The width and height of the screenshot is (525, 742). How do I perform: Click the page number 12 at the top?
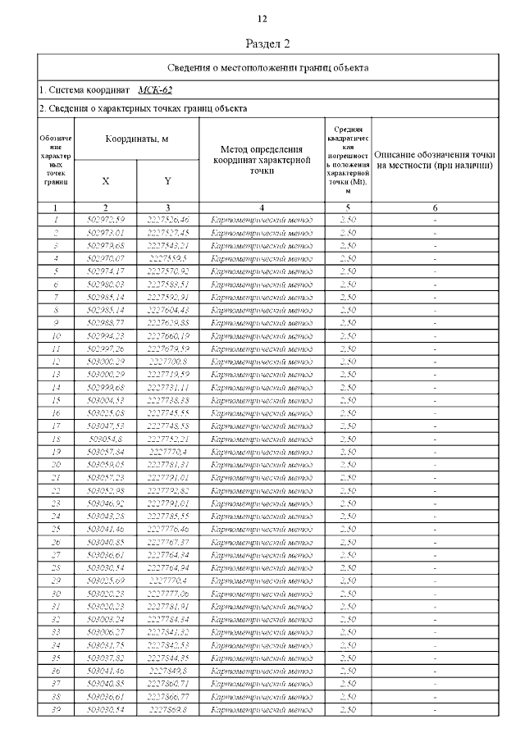click(262, 19)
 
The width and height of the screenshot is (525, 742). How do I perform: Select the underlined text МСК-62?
click(155, 89)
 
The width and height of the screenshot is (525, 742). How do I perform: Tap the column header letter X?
click(106, 180)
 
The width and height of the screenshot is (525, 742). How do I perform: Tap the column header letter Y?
click(167, 180)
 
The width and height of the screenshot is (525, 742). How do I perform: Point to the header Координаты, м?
click(137, 139)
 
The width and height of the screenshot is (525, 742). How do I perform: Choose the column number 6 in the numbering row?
click(434, 208)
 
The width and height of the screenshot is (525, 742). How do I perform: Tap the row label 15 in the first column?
click(56, 400)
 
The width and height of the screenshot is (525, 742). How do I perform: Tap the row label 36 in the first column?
click(56, 671)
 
